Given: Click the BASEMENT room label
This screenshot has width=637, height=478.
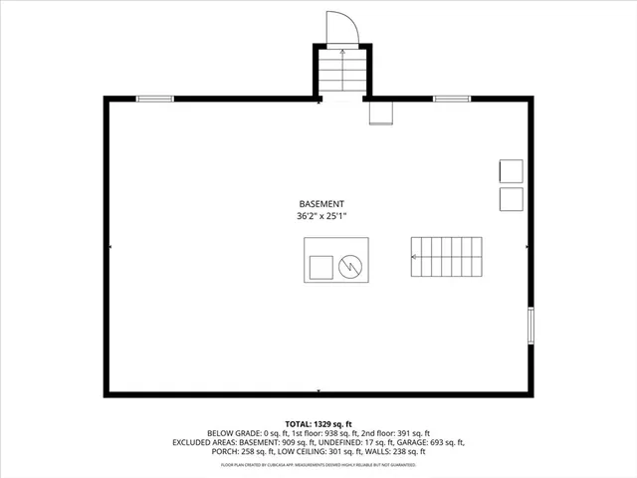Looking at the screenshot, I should pyautogui.click(x=320, y=203).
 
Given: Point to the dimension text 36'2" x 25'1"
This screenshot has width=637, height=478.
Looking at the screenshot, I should pyautogui.click(x=320, y=216).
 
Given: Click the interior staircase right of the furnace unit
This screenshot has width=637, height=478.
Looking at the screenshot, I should pyautogui.click(x=447, y=257).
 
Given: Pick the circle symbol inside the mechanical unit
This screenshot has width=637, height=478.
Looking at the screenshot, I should pyautogui.click(x=349, y=266).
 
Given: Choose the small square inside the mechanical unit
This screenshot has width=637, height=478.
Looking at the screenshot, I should pyautogui.click(x=320, y=267).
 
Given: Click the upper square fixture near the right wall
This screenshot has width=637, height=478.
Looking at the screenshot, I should pyautogui.click(x=511, y=170).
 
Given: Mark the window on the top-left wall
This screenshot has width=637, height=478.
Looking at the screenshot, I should pyautogui.click(x=154, y=98).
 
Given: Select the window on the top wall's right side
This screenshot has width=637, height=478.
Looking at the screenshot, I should pyautogui.click(x=452, y=98).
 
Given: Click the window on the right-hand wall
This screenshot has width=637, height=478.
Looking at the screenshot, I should pyautogui.click(x=530, y=327).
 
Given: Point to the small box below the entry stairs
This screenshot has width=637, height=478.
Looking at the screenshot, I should pyautogui.click(x=381, y=113).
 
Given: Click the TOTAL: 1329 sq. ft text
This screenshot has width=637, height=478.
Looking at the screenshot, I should pyautogui.click(x=318, y=423).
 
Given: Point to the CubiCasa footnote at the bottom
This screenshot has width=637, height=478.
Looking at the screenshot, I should pyautogui.click(x=318, y=465).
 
